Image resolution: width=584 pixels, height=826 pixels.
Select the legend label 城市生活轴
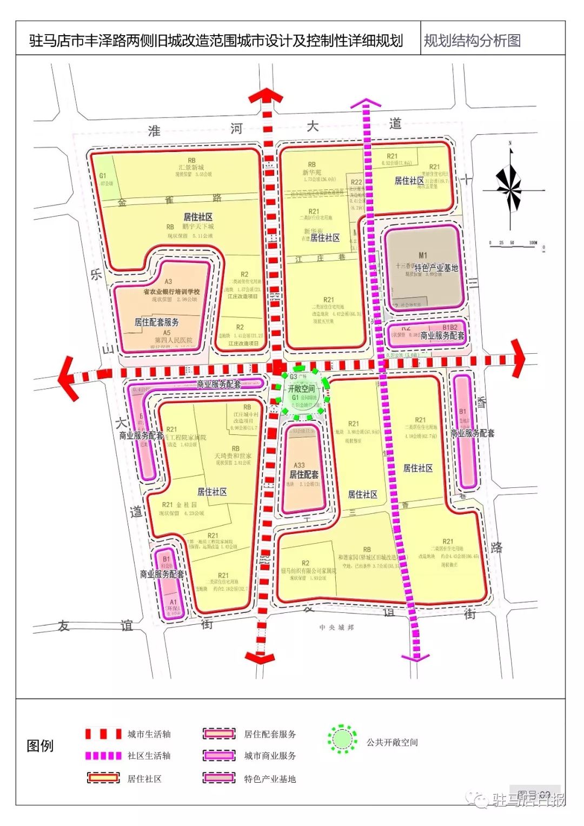(149, 734)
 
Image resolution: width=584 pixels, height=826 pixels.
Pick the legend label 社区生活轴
(149, 756)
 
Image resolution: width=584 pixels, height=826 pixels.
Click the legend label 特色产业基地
(270, 779)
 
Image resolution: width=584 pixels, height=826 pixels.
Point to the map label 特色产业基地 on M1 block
(436, 267)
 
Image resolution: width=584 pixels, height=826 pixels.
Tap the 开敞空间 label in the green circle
(301, 388)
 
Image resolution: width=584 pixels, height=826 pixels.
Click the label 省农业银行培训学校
(171, 292)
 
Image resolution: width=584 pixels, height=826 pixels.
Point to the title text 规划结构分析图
(472, 41)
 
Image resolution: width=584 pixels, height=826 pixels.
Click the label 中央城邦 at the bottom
(336, 627)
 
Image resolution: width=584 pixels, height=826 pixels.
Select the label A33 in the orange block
(299, 465)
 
